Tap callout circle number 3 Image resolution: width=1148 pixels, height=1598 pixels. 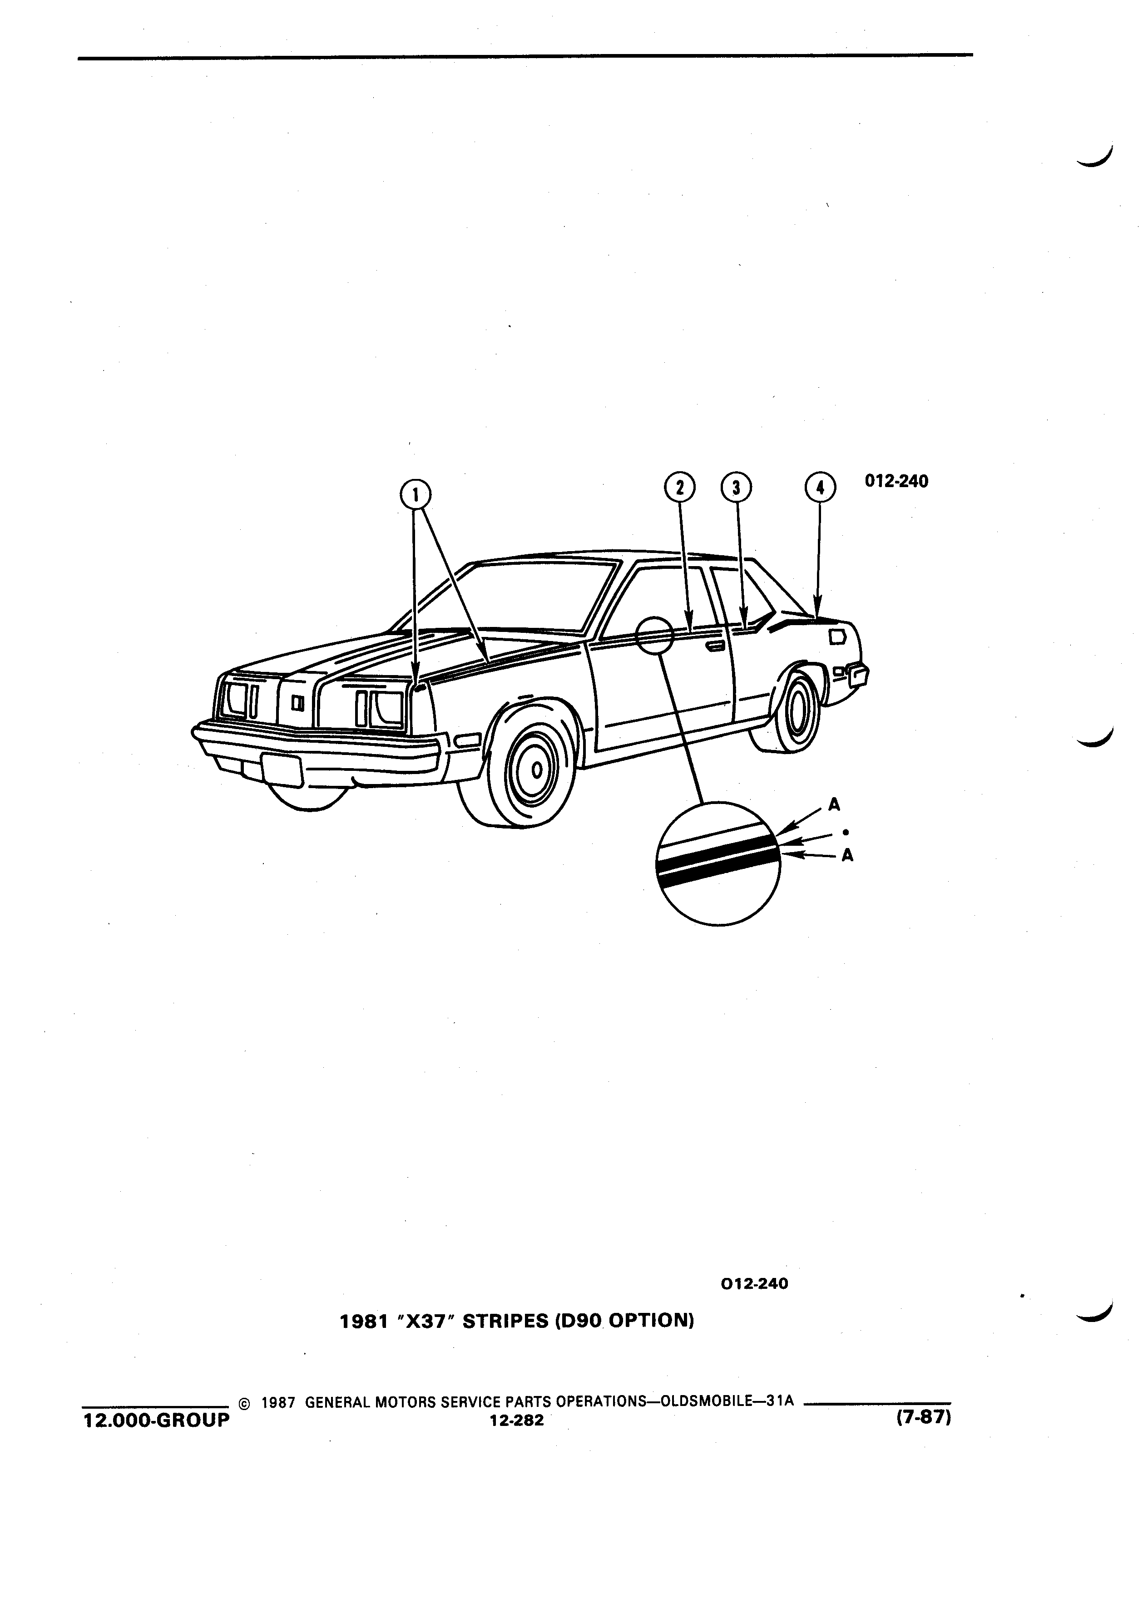pyautogui.click(x=737, y=487)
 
